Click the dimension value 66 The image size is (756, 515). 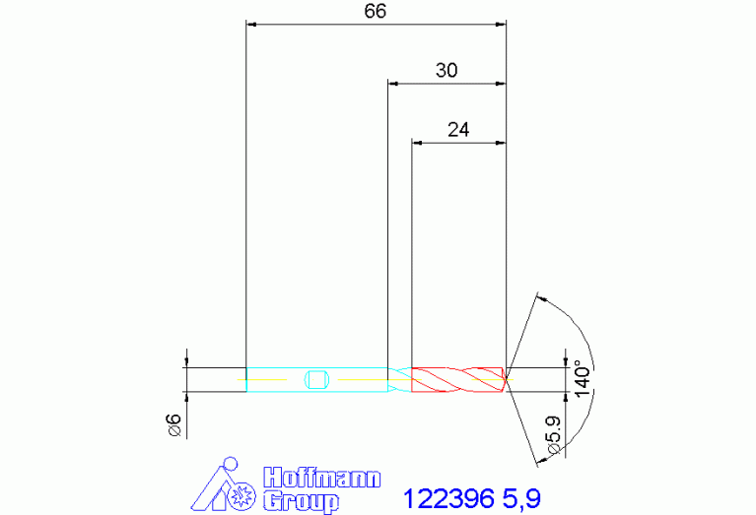point(376,11)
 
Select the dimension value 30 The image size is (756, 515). point(447,70)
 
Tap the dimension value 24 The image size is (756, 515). point(458,130)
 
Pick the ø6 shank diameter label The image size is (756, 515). point(174,425)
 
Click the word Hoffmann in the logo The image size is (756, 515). point(322,478)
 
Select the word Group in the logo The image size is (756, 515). point(301,501)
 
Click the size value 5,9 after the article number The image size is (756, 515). point(521,499)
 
